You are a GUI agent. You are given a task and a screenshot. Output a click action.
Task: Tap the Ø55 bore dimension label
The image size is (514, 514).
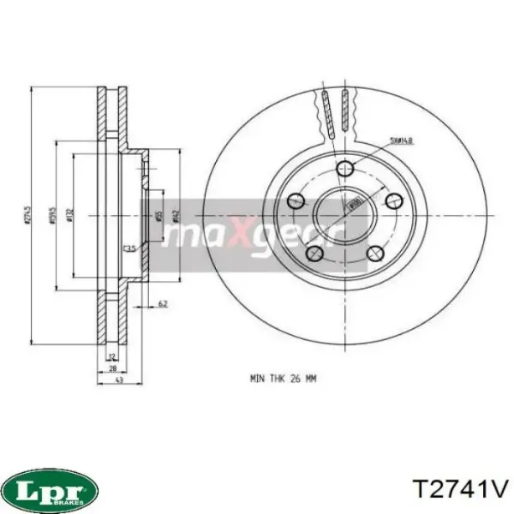[160, 218]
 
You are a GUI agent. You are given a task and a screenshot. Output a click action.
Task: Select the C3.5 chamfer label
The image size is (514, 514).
[131, 248]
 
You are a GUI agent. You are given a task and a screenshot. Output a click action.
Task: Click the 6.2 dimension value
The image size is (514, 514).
[163, 303]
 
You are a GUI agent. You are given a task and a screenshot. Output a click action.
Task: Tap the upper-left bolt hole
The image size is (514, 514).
[296, 200]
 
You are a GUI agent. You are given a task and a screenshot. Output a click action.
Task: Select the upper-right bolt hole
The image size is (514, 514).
[394, 200]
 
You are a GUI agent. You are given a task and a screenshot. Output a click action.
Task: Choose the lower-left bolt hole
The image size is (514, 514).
[314, 253]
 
